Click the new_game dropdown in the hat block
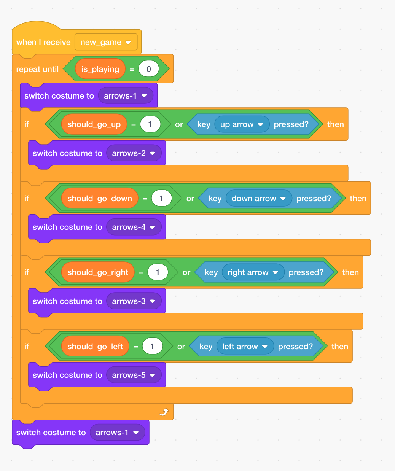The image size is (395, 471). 106,42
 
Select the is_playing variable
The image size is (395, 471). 100,69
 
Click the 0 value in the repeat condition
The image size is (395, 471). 148,69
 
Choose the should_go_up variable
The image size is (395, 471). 94,124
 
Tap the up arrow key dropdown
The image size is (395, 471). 242,124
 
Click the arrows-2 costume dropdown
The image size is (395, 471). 134,153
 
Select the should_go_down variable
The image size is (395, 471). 100,199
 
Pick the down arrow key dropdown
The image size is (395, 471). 258,199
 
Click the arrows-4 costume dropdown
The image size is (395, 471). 134,227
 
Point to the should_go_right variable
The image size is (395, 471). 98,272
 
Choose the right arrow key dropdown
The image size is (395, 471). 253,272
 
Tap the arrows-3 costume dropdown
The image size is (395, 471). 134,301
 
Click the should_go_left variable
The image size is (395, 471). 95,347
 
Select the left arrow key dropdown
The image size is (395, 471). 245,347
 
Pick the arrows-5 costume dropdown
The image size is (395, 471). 134,375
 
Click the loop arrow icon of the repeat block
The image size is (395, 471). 164,412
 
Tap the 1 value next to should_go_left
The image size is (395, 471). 152,347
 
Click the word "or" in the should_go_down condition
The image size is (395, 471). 190,199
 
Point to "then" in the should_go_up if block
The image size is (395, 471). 335,124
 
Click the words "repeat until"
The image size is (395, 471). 37,69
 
